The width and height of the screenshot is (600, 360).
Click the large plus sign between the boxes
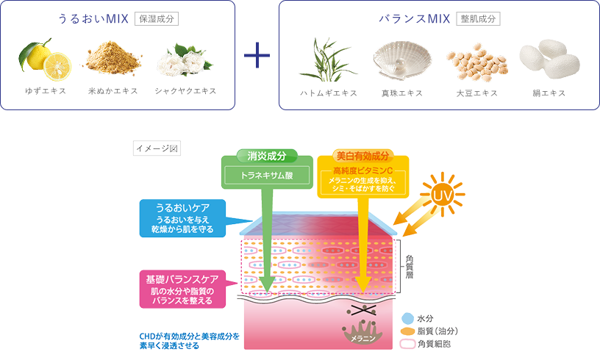tap(257, 56)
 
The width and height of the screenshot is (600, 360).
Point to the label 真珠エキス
tap(399, 93)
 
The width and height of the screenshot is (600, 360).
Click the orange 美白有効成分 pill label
tap(362, 156)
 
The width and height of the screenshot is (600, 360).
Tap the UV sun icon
tap(442, 195)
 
